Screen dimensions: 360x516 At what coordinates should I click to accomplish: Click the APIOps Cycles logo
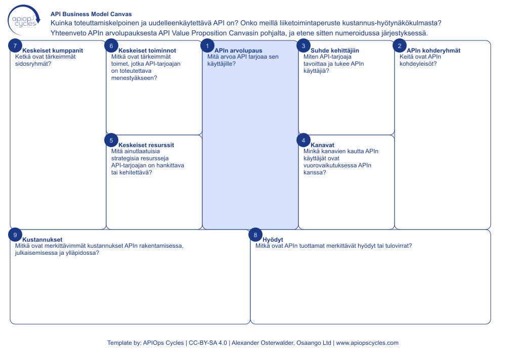point(24,19)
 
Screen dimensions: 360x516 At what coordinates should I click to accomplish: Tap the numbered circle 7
point(15,46)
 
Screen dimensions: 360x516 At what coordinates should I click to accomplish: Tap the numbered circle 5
point(111,140)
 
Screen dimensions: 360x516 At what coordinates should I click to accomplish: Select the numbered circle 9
point(15,235)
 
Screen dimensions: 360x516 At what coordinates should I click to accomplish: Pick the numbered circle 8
point(255,235)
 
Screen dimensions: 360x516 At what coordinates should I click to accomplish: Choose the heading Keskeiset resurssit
point(146,145)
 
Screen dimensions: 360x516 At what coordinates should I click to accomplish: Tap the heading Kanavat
point(322,145)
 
